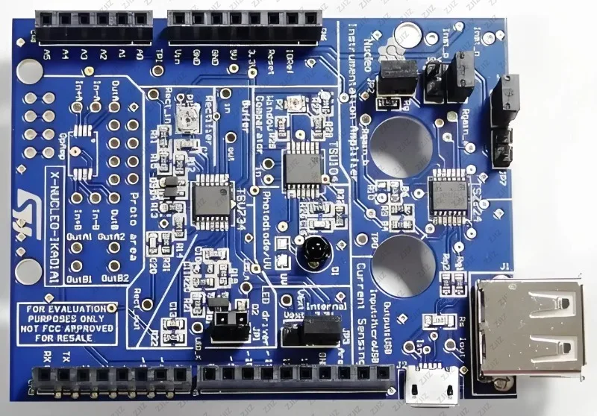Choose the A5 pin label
coord(48,54)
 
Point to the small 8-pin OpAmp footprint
coord(80,138)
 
